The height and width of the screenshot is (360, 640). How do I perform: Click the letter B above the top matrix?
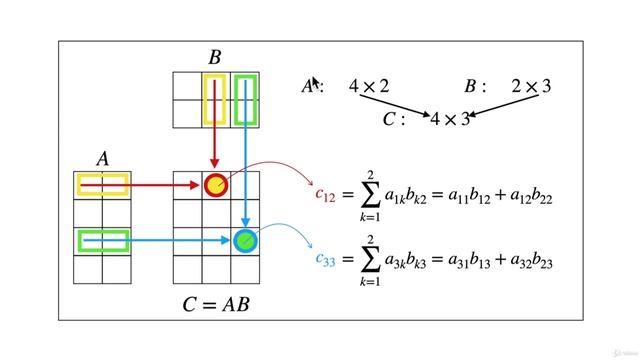(x=214, y=58)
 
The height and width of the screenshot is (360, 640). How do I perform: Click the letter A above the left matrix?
(x=103, y=159)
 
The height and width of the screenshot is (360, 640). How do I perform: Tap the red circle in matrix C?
(x=216, y=184)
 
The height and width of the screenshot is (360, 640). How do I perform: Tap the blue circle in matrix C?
(x=245, y=241)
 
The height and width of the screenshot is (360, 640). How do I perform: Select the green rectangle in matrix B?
(x=245, y=100)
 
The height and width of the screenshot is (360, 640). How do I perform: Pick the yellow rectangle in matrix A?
(x=102, y=184)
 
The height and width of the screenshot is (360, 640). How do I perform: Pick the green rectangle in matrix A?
(x=102, y=241)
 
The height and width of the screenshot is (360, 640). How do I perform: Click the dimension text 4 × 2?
(x=368, y=87)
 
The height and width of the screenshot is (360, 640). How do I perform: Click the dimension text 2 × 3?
(x=530, y=87)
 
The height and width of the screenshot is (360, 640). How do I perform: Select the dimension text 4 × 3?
(x=449, y=119)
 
